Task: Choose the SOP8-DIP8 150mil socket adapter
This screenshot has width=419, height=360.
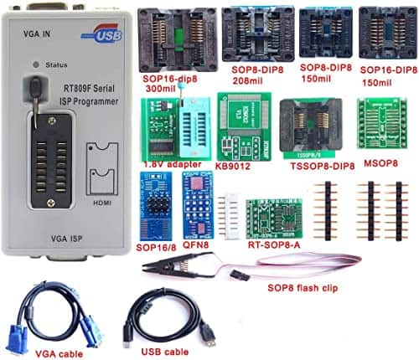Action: tap(322, 33)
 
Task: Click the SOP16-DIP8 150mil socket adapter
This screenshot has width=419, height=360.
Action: tap(386, 33)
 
